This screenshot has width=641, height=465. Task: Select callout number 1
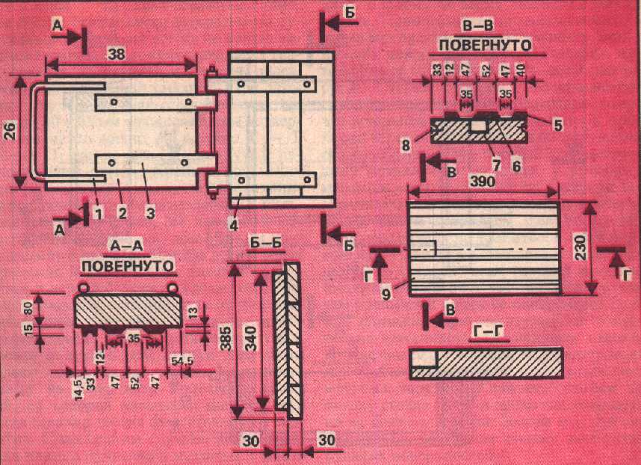[98, 212]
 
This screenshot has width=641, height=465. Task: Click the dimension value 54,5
[182, 360]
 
